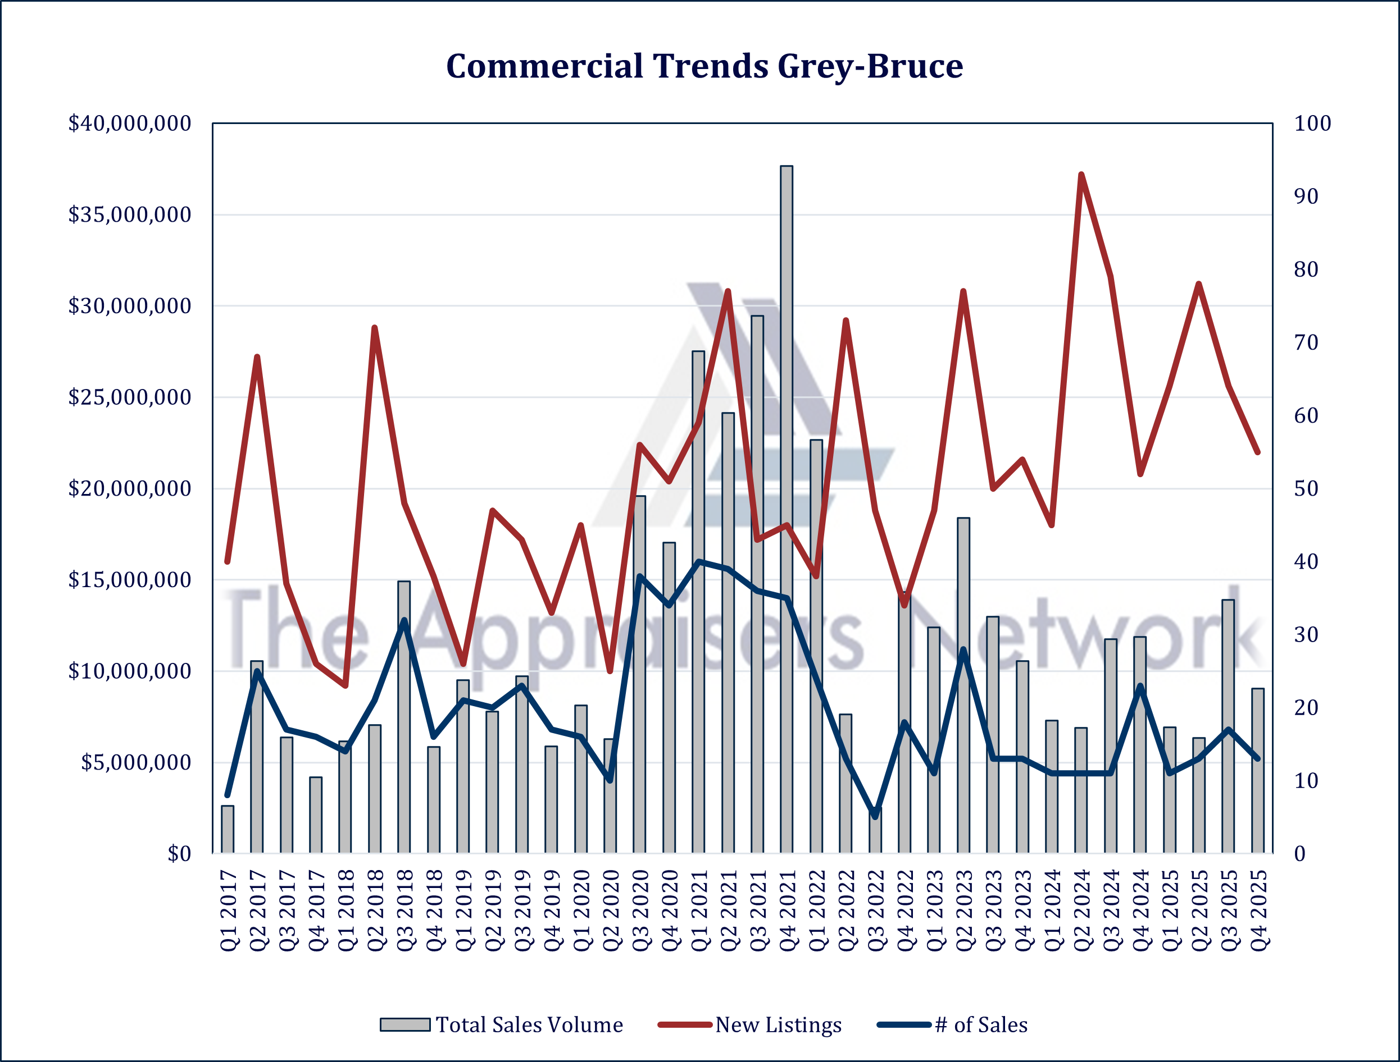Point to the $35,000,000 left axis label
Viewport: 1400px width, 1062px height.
pos(130,215)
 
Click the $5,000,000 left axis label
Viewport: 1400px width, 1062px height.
pos(135,763)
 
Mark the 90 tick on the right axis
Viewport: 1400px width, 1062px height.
pos(1306,196)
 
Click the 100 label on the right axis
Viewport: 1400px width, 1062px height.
pos(1312,123)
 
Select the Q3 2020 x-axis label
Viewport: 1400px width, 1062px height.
pos(640,910)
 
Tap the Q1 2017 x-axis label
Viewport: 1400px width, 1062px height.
pos(229,910)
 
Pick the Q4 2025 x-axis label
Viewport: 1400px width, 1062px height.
pos(1259,910)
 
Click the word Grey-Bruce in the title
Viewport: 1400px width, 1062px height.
pos(870,66)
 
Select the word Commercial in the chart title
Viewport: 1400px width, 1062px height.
pos(544,66)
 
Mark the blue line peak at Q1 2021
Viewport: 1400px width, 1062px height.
pos(698,561)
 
